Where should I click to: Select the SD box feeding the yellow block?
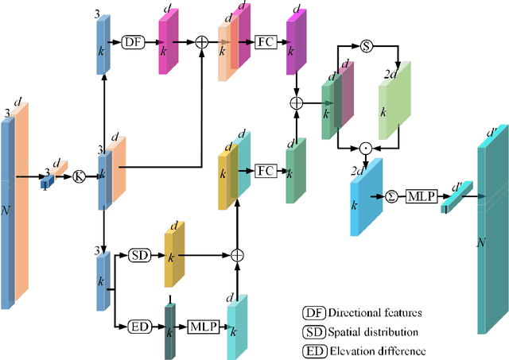point(138,255)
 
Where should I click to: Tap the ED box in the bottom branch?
point(138,326)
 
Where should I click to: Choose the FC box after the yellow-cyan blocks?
point(266,170)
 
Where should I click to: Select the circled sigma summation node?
point(390,195)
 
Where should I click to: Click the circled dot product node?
point(366,147)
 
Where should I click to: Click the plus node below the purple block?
point(297,103)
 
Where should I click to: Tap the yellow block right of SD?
point(173,256)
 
